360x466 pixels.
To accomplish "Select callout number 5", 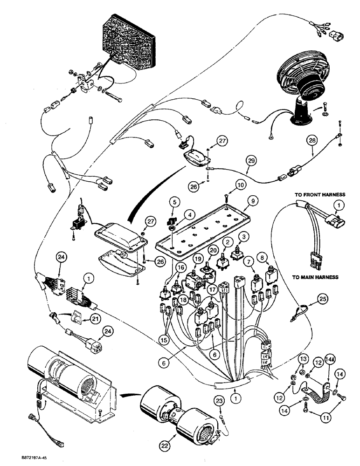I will tap(174, 203).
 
